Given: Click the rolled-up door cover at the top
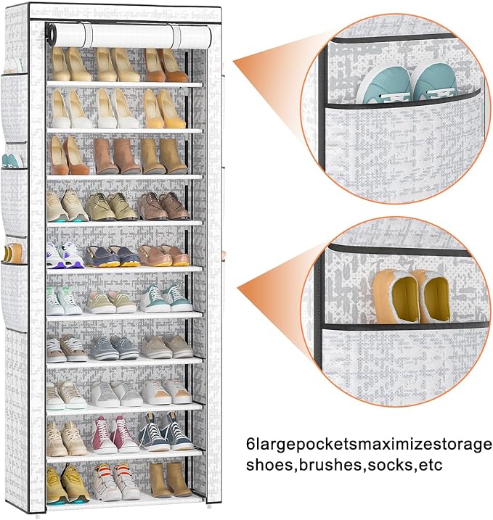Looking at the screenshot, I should point(123,33).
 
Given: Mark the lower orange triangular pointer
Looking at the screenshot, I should point(273,284).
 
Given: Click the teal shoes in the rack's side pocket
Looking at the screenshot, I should point(9,160).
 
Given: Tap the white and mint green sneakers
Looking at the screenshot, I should point(65,300).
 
